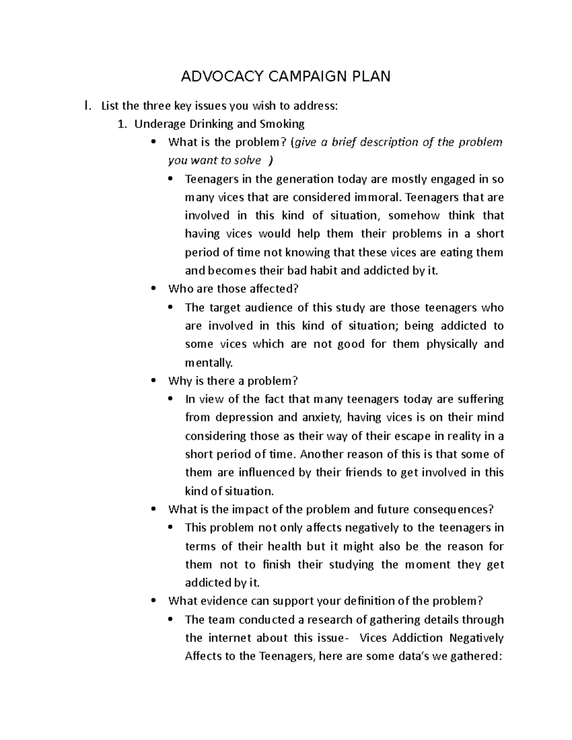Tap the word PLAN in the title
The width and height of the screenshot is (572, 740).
pos(371,76)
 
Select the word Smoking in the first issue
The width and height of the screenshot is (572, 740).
pos(282,124)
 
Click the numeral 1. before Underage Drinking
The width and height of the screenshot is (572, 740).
pos(123,124)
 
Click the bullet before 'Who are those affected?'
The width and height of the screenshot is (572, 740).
pos(153,289)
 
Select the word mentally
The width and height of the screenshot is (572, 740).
pos(209,363)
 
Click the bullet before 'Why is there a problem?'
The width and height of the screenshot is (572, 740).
pos(153,381)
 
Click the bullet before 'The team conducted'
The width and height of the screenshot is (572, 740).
pos(171,620)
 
